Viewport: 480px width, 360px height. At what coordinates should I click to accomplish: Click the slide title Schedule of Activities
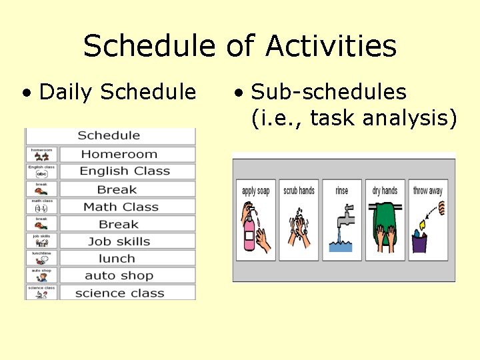240,47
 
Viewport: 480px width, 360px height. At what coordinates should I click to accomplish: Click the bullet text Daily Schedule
117,92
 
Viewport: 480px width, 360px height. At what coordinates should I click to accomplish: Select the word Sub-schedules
328,92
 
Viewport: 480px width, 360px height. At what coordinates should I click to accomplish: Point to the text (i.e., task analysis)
354,118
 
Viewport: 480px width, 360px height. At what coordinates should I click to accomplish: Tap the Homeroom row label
119,154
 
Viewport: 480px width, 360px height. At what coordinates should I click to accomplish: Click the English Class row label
125,171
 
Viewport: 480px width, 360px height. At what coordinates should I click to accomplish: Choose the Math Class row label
121,207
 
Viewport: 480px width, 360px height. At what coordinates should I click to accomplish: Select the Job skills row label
119,241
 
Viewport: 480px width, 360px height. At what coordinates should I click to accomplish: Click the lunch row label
117,259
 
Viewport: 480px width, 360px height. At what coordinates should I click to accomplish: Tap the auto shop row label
119,276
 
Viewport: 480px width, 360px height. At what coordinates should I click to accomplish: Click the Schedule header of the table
109,135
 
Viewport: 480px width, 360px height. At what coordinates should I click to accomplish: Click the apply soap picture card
255,220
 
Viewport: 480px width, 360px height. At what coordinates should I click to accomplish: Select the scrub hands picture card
299,220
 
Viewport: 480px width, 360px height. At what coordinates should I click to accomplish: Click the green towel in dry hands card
385,217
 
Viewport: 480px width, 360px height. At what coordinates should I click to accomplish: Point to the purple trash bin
419,243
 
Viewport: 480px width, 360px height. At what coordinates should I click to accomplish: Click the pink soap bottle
249,233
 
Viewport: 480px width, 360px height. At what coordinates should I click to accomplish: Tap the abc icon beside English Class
41,174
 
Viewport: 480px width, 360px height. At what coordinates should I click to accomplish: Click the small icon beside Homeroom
41,157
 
